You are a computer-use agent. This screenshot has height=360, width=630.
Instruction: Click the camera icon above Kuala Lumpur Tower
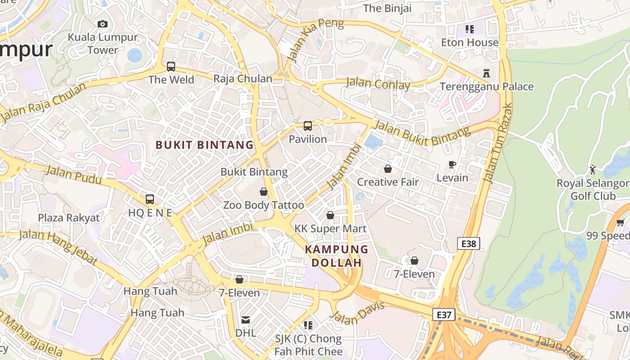tap(103, 24)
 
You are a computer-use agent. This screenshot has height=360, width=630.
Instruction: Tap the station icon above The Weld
tap(171, 67)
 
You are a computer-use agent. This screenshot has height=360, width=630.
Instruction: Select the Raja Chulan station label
tap(243, 79)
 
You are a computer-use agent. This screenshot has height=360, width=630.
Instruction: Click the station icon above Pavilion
tap(308, 126)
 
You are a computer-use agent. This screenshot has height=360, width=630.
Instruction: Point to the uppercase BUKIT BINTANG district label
tap(205, 145)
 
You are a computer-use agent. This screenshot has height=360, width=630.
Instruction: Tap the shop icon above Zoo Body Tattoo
tap(264, 192)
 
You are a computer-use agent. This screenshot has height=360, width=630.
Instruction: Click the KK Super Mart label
tap(330, 229)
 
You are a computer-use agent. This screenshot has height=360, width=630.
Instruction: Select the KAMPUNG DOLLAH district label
tap(337, 256)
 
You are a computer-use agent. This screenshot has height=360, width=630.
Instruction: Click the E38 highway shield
tap(468, 244)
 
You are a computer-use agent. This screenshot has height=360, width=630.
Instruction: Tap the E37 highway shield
tap(444, 315)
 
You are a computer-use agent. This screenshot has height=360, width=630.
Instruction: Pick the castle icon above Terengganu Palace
tap(486, 73)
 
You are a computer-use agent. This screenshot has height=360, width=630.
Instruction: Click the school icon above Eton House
tap(470, 29)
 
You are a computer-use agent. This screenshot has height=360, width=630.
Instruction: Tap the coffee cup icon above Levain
tap(452, 165)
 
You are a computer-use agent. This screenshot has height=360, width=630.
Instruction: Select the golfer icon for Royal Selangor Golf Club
tap(593, 170)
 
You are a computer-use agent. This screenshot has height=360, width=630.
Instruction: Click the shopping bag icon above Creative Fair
tap(388, 169)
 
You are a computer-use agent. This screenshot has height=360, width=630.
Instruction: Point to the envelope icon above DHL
tap(246, 320)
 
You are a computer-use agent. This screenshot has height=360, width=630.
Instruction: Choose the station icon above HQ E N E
tap(150, 199)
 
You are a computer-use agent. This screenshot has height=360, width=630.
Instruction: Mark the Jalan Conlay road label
tap(378, 84)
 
